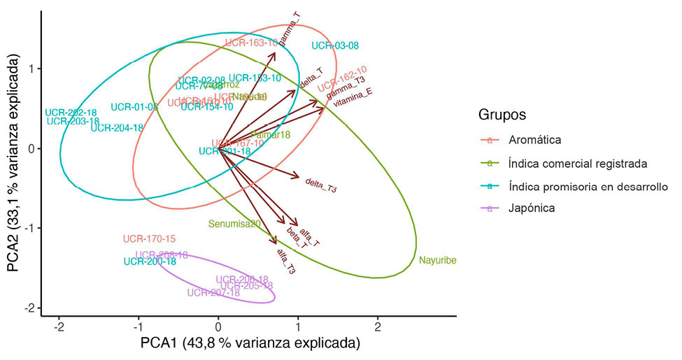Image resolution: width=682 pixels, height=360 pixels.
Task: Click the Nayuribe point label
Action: coord(437,261)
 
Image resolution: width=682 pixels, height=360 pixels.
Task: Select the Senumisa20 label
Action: coord(234,224)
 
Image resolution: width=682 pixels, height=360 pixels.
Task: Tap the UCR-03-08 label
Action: coord(335,46)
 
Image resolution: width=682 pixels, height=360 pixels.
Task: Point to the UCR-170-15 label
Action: coord(149,239)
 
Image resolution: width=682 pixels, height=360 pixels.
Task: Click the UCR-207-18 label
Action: coord(213,293)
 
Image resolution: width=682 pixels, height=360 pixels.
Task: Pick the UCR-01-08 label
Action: coord(134,107)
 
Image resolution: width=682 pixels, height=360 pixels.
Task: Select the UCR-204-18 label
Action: coord(117,128)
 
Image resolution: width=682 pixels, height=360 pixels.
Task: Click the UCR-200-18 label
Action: coord(150,261)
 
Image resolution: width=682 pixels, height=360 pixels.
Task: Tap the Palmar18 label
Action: coord(270,134)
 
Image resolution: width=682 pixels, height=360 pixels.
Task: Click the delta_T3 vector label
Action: coord(322,186)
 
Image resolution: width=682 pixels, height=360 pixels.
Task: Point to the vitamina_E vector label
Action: coord(353,97)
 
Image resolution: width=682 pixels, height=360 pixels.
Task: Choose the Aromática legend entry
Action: coord(534,140)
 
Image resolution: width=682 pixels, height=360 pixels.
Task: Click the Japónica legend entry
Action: coord(532,208)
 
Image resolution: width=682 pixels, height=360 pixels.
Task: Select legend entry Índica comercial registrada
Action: coord(577,163)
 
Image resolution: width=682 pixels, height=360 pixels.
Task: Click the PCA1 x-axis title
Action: coord(250,344)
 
